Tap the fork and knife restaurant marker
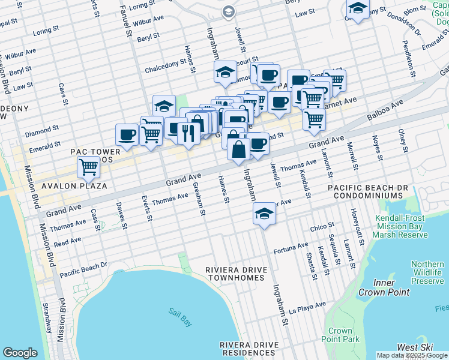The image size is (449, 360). tap(188, 133)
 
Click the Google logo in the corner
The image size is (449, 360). tap(20, 353)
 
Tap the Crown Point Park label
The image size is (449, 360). tap(340, 335)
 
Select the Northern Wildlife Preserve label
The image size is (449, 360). tap(428, 272)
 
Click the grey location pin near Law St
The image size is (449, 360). tap(229, 11)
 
